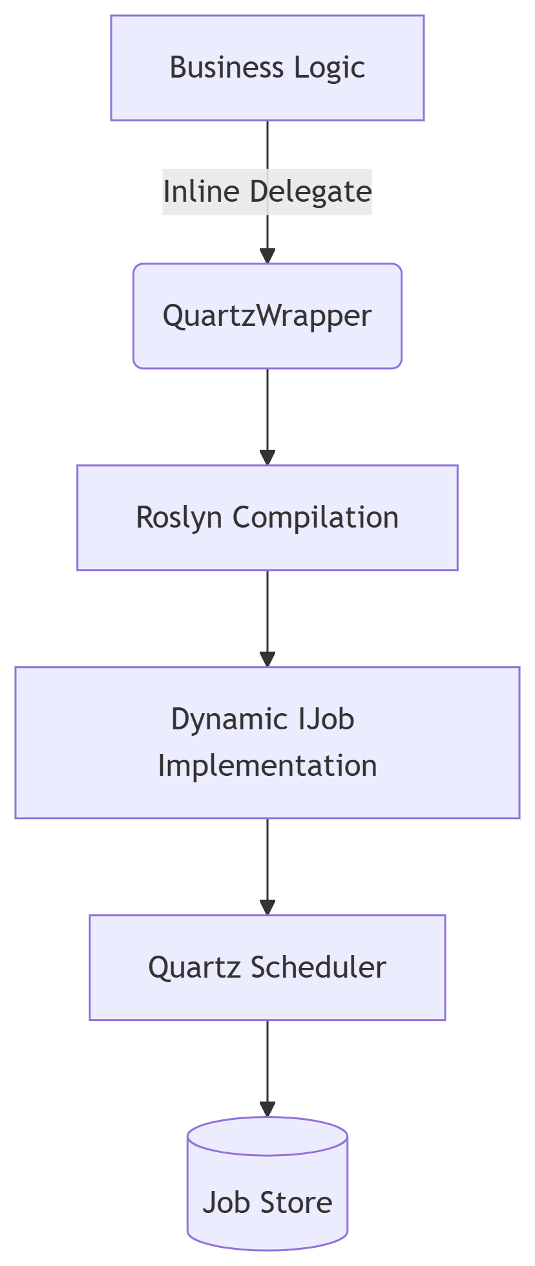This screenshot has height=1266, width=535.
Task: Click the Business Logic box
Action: pos(267,68)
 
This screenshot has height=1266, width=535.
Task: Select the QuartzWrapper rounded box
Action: pos(267,316)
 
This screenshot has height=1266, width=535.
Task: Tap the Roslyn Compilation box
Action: pos(267,517)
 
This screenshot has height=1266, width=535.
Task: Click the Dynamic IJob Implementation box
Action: pos(267,742)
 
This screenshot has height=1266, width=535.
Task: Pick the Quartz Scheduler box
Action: pos(267,967)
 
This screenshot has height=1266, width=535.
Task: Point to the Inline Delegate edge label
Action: pos(267,192)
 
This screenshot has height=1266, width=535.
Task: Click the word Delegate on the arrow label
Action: pos(310,192)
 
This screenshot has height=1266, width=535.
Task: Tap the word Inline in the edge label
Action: pos(202,192)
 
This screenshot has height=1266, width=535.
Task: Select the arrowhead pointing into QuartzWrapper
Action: pos(267,255)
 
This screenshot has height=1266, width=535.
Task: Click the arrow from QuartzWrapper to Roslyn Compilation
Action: pos(267,414)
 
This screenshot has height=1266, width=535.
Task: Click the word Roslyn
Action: pos(180,517)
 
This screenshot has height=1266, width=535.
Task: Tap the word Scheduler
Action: pos(318,967)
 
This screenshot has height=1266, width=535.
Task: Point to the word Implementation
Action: pos(267,766)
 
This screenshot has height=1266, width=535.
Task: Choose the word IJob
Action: pos(326,719)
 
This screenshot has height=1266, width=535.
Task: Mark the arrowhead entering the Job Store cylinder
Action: pos(267,1108)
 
